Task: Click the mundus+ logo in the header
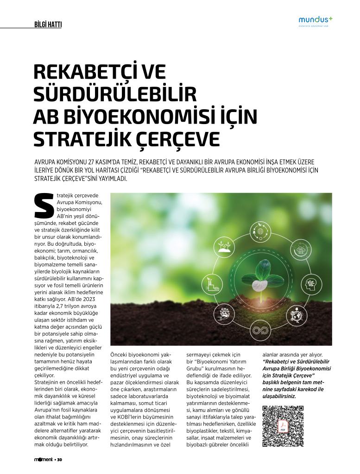click(x=316, y=20)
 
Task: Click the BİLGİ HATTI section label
click(x=48, y=25)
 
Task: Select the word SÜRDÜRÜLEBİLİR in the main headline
click(x=115, y=94)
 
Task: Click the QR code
click(x=283, y=426)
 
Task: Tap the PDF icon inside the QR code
click(x=283, y=426)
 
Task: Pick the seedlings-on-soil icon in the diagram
click(x=224, y=247)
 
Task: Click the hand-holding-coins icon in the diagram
click(x=224, y=315)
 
